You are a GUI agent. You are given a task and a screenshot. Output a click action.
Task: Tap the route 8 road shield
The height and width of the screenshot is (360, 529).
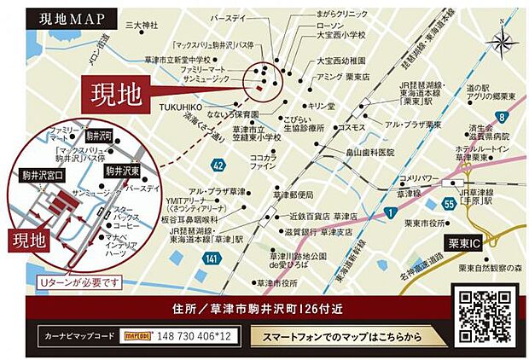tap(503, 116)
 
